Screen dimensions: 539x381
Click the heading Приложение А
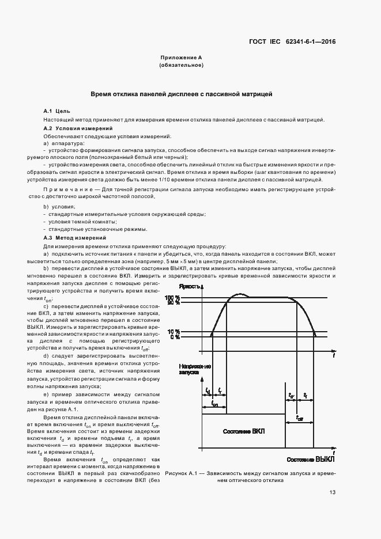(x=182, y=58)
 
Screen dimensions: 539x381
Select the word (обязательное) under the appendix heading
(x=182, y=65)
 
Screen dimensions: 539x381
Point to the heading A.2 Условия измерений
(x=78, y=127)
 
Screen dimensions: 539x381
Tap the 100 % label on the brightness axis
(x=172, y=297)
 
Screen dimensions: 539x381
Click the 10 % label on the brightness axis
(x=173, y=332)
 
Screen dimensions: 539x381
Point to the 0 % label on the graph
(x=174, y=337)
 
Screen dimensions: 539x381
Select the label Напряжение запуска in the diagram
(x=194, y=369)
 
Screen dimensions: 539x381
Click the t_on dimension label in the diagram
(x=214, y=404)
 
